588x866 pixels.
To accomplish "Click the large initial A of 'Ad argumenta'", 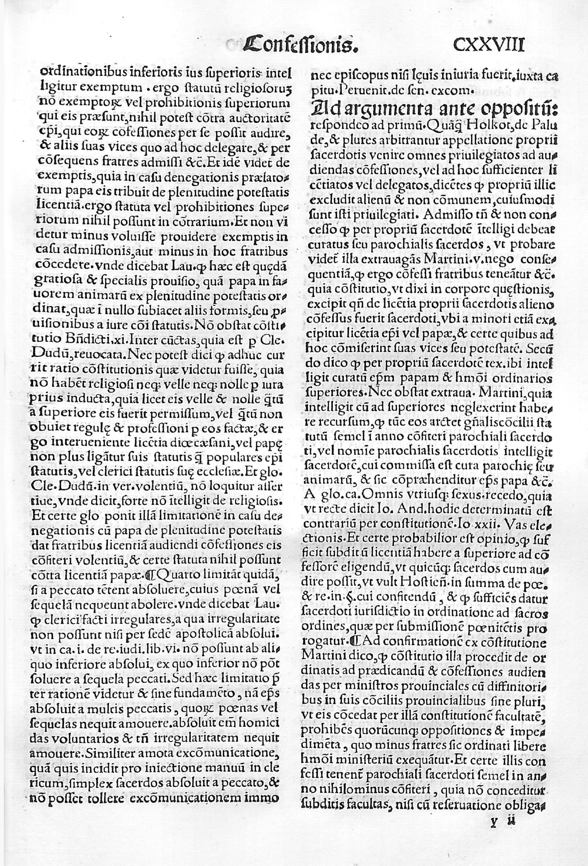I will [321, 109].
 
